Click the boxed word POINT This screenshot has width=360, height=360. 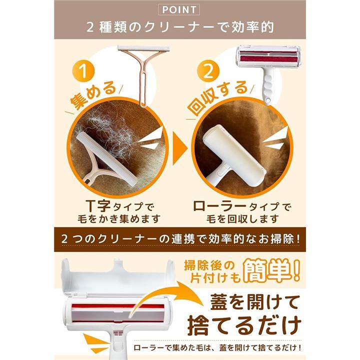[x=179, y=9]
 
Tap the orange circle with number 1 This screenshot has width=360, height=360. [x=83, y=71]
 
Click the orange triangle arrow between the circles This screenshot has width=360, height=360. [x=180, y=149]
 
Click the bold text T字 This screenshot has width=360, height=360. [x=98, y=205]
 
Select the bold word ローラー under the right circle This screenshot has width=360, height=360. [x=219, y=206]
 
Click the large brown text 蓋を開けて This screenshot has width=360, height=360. [x=255, y=302]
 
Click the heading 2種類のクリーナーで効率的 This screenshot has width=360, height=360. [x=180, y=27]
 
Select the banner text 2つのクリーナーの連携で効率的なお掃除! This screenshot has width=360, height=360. [x=180, y=239]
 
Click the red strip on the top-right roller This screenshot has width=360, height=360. [x=268, y=58]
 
